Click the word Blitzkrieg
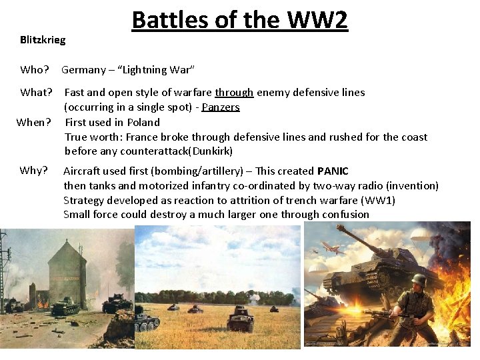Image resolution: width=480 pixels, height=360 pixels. (43, 40)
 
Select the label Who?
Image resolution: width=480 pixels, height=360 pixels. (35, 69)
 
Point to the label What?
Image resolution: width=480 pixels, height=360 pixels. (37, 92)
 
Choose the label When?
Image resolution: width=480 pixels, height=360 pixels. (33, 122)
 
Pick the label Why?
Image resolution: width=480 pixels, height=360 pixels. (33, 170)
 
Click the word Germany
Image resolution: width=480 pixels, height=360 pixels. (83, 69)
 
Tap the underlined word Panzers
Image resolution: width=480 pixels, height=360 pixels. (221, 107)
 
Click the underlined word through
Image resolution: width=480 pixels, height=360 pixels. (234, 92)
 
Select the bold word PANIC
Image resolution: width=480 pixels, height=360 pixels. (333, 171)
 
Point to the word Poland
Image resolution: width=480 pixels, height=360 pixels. (145, 122)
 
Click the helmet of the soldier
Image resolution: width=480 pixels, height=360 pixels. (419, 281)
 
